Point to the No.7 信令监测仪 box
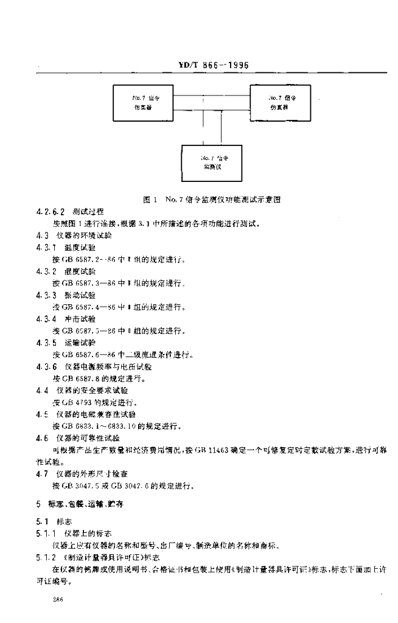[x=215, y=161]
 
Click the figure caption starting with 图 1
[x=211, y=199]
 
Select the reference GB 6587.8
[x=79, y=378]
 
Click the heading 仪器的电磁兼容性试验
[x=95, y=414]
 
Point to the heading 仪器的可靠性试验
[x=88, y=437]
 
